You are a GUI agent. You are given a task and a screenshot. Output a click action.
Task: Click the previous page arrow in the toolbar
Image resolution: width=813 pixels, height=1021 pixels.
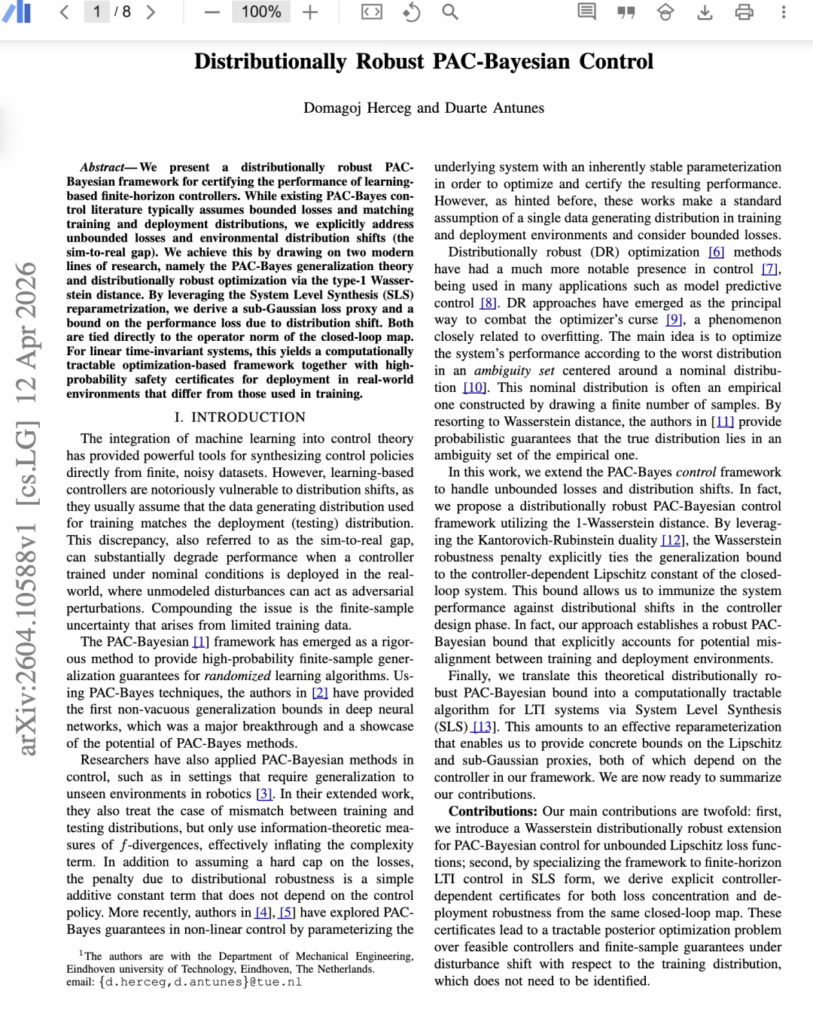[x=65, y=12]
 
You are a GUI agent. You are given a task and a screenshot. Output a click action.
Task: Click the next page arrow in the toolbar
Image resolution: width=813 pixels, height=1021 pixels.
[x=151, y=12]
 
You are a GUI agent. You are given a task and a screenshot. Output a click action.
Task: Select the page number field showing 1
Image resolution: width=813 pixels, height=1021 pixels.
[x=97, y=12]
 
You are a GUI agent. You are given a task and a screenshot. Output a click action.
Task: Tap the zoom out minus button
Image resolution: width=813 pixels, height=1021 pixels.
[x=212, y=12]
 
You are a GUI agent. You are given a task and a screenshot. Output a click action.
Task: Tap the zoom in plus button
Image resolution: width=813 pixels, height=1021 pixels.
[x=310, y=12]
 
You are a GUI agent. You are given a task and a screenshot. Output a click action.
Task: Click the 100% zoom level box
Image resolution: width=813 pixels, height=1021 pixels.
[x=260, y=12]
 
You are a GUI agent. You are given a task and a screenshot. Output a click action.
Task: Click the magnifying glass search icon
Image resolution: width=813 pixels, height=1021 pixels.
[x=450, y=12]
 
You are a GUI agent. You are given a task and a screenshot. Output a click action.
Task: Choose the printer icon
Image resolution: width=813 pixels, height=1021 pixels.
[x=744, y=12]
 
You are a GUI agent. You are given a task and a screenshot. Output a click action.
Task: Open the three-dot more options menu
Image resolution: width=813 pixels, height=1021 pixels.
[x=783, y=12]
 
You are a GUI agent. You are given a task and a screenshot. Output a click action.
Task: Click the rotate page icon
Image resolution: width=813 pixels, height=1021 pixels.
[x=411, y=12]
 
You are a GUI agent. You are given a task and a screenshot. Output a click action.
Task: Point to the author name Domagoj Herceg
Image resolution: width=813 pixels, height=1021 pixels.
[x=358, y=108]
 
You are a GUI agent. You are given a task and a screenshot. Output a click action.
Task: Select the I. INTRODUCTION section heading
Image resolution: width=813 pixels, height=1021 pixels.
[x=240, y=418]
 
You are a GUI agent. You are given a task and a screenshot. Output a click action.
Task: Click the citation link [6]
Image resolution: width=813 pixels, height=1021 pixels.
[x=716, y=252]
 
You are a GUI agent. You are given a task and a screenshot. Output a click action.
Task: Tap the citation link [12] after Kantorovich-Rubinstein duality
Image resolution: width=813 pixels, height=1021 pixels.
[x=672, y=540]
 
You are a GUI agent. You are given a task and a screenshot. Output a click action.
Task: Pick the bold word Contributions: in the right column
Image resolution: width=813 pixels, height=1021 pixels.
[x=493, y=812]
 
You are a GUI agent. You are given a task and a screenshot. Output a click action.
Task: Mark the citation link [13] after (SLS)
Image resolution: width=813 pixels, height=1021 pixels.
[x=483, y=727]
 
